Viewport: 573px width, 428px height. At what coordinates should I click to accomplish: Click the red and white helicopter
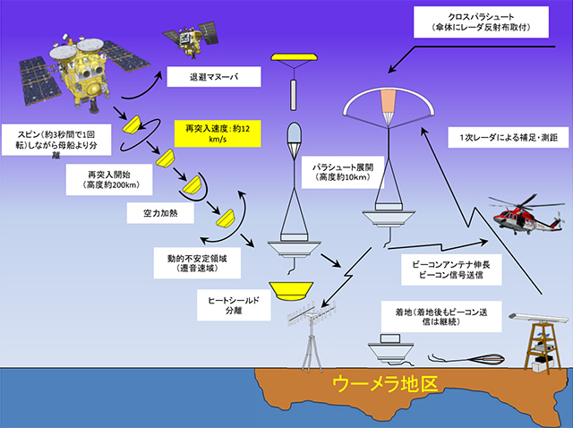click(523, 215)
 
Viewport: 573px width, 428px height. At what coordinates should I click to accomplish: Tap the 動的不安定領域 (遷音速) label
click(195, 260)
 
